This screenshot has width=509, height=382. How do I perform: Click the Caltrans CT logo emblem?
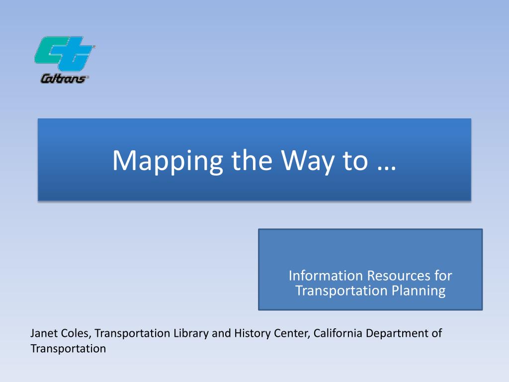coord(65,53)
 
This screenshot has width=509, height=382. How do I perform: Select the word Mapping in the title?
coord(168,161)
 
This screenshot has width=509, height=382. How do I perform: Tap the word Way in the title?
coord(307,161)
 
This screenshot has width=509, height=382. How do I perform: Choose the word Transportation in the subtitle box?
coord(341,290)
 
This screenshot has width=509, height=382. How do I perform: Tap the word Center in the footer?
coord(292,334)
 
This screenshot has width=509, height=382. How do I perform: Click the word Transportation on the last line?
coord(68,349)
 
